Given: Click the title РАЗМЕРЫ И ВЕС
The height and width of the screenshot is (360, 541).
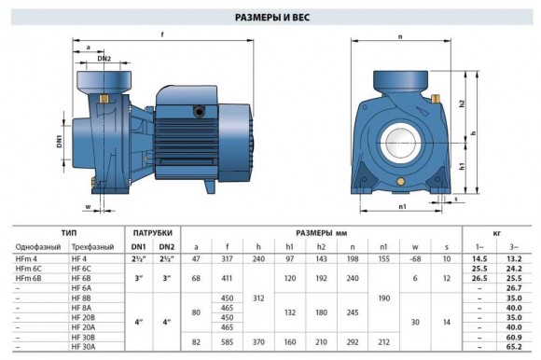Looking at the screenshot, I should point(270,17).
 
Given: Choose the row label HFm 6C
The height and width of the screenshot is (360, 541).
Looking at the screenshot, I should point(30,268).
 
